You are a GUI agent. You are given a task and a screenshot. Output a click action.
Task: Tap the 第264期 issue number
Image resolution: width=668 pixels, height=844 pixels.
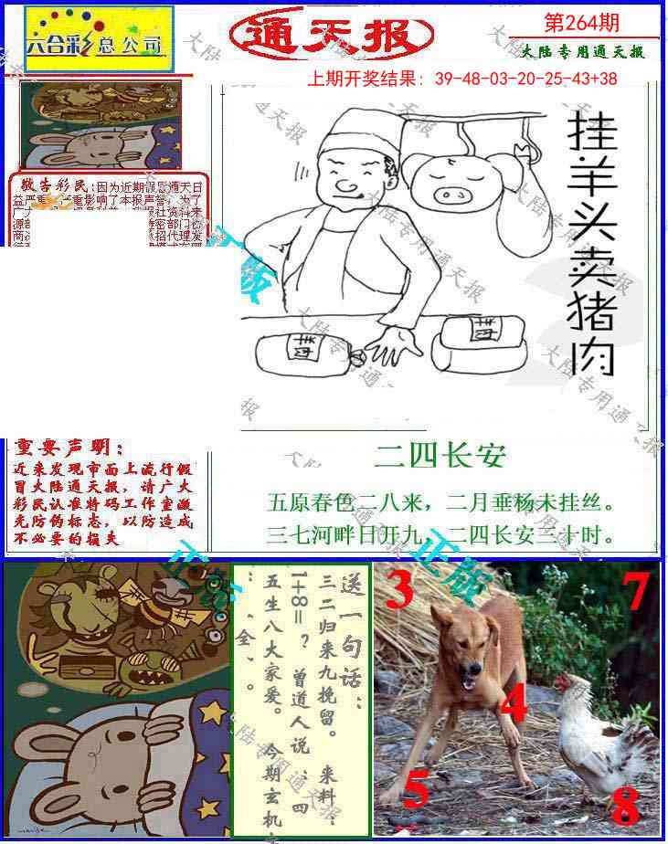585,20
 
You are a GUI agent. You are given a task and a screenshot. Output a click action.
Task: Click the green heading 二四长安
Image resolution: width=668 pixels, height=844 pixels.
440,454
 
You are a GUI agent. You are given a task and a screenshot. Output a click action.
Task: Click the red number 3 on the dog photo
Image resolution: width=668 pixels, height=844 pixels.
398,591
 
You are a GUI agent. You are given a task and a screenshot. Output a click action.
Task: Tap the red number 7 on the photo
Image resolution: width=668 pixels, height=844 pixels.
637,592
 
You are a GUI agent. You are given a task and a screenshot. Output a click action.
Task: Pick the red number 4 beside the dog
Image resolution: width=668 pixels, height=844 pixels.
513,704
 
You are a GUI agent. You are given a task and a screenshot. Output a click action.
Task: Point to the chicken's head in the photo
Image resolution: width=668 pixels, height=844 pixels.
573,686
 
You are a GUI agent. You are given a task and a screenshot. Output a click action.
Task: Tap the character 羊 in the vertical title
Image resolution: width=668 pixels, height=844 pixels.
591,188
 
